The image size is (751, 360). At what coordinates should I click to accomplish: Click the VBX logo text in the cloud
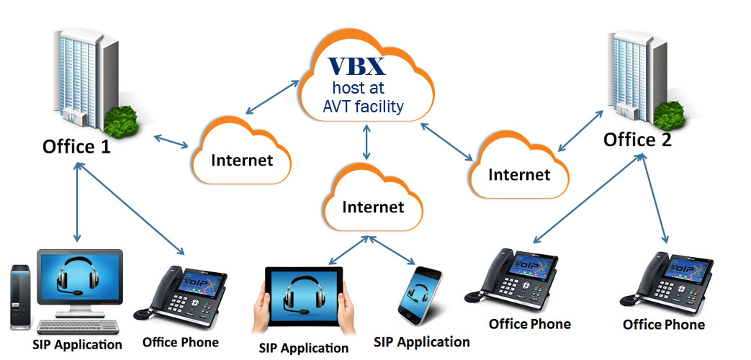pos(358,66)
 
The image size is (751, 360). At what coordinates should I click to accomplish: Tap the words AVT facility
pos(364,108)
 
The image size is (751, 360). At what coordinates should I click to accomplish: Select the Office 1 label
pos(78,146)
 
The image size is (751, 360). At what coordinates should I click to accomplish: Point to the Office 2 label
pos(637,138)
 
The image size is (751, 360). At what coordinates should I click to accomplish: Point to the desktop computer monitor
pos(79,278)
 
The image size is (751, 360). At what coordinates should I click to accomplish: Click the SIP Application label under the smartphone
pos(422,341)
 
